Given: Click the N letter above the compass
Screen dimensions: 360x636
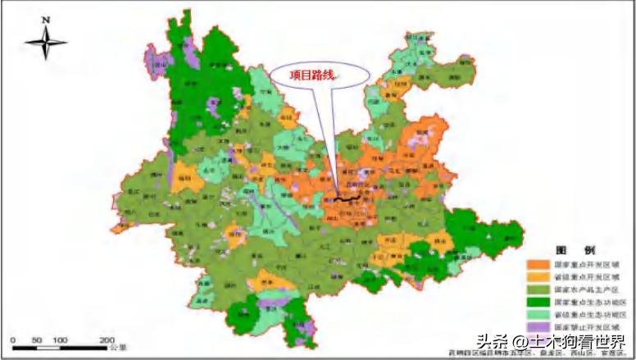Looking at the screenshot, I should pyautogui.click(x=47, y=19).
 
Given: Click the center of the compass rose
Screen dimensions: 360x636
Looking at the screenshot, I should pyautogui.click(x=46, y=42).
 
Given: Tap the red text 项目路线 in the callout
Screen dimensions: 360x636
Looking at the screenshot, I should pyautogui.click(x=313, y=74).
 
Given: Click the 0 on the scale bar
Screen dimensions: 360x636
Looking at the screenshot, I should pyautogui.click(x=12, y=339).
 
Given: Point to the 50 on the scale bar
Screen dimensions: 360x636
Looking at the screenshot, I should pyautogui.click(x=36, y=339).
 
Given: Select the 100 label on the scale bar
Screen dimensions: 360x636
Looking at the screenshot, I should pyautogui.click(x=60, y=339).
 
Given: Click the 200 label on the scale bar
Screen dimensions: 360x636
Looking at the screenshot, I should pyautogui.click(x=107, y=339).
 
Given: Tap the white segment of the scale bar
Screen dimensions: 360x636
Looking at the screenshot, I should pyautogui.click(x=48, y=348).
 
